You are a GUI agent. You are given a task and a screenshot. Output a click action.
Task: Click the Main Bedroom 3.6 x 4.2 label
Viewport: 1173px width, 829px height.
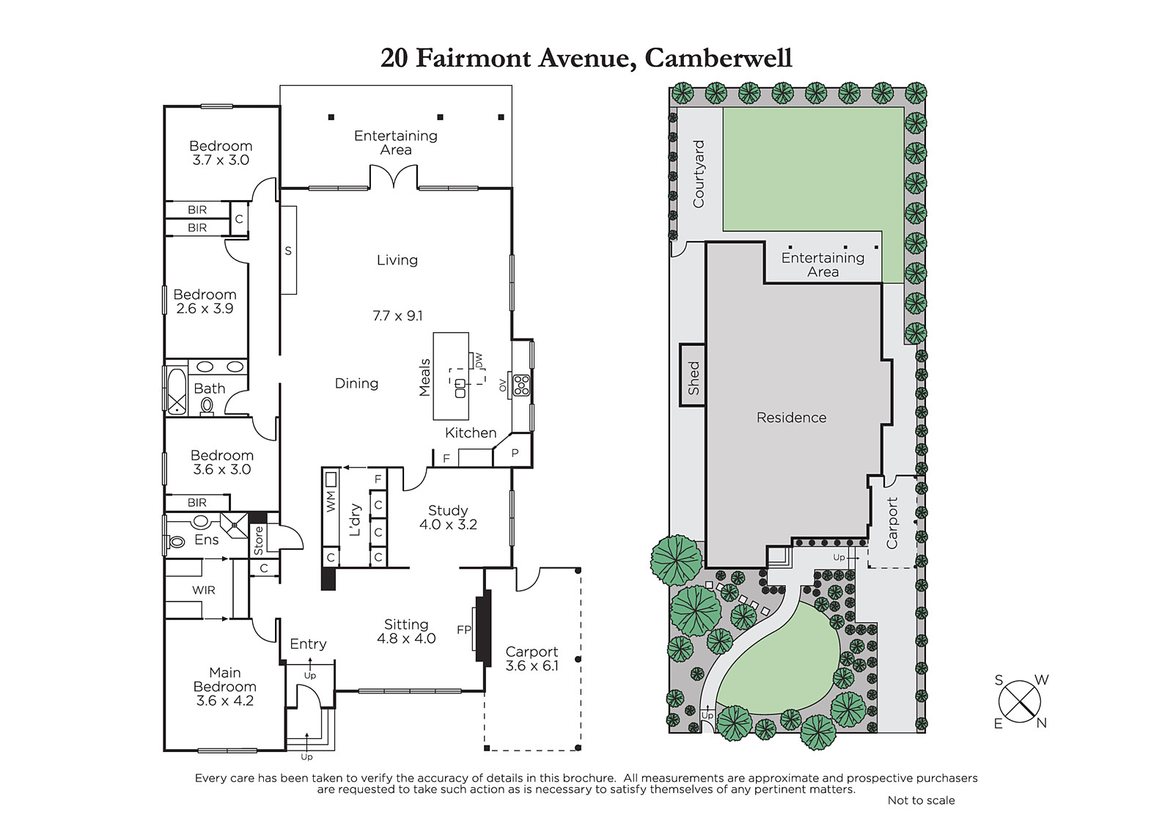pyautogui.click(x=224, y=687)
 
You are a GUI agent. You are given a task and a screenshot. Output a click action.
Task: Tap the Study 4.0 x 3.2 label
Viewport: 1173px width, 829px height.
pyautogui.click(x=448, y=517)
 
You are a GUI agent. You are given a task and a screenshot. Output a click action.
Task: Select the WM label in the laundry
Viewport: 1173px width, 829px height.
pyautogui.click(x=331, y=501)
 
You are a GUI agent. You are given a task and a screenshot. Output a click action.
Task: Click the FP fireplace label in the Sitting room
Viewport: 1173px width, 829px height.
pyautogui.click(x=464, y=630)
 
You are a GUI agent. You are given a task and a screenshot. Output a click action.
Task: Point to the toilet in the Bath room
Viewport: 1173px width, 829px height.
pyautogui.click(x=207, y=406)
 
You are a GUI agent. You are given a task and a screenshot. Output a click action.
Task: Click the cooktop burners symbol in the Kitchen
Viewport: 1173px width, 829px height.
pyautogui.click(x=521, y=385)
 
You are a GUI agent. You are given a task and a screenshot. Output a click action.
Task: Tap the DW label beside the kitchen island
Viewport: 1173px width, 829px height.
pyautogui.click(x=479, y=361)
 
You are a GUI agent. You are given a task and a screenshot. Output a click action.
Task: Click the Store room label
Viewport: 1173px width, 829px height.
pyautogui.click(x=259, y=540)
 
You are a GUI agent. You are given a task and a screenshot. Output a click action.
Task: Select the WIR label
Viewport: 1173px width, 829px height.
pyautogui.click(x=203, y=590)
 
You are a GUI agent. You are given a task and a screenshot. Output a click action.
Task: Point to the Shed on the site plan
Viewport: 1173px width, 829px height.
pyautogui.click(x=693, y=375)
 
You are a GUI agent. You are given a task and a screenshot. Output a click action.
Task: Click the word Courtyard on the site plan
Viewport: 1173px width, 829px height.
pyautogui.click(x=699, y=174)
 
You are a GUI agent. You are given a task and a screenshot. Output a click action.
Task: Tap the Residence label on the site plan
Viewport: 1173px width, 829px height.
pyautogui.click(x=791, y=417)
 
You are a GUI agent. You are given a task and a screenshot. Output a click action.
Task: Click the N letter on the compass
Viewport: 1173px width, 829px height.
pyautogui.click(x=1042, y=723)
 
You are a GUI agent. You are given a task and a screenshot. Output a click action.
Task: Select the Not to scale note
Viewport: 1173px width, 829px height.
pyautogui.click(x=921, y=800)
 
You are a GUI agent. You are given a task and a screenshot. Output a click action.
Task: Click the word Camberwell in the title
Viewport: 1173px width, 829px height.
pyautogui.click(x=718, y=59)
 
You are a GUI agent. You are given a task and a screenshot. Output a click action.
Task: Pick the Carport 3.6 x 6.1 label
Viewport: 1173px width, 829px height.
pyautogui.click(x=532, y=659)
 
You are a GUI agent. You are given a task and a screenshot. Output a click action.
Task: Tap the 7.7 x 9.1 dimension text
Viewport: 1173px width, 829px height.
pyautogui.click(x=397, y=316)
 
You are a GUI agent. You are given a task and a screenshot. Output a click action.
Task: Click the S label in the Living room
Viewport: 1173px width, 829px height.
pyautogui.click(x=288, y=251)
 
